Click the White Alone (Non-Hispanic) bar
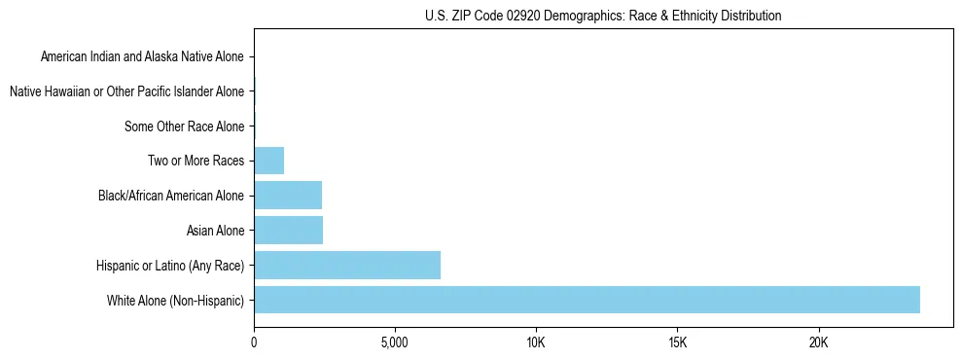click(587, 300)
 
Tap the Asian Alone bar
click(288, 231)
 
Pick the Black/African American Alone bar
click(288, 196)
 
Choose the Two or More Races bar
click(268, 161)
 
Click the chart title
click(603, 16)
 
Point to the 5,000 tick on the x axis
click(395, 343)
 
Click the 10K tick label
click(536, 343)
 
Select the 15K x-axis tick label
click(678, 343)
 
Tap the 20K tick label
click(819, 343)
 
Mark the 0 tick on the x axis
click(254, 343)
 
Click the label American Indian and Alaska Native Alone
click(142, 56)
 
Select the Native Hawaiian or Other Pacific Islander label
click(126, 91)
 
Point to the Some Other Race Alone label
click(185, 126)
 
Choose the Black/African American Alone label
click(171, 196)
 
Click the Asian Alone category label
click(215, 231)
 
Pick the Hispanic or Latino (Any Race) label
click(170, 266)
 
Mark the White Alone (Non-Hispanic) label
click(176, 301)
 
